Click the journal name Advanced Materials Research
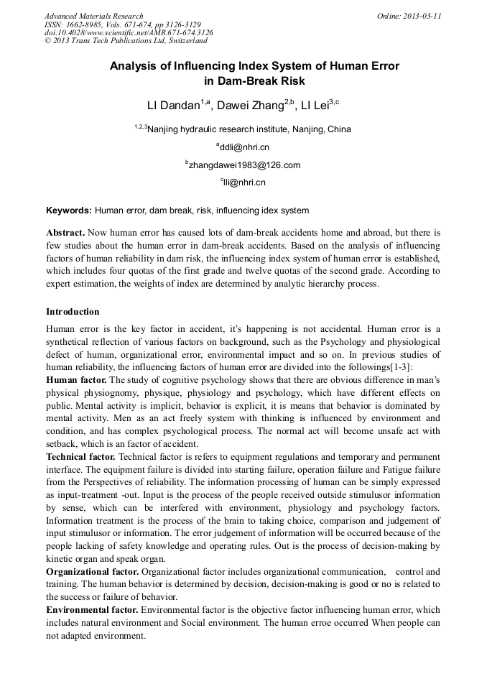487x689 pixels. point(93,16)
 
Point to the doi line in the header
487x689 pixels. point(129,32)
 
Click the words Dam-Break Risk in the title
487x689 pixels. point(254,81)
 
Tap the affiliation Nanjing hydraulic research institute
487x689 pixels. point(243,130)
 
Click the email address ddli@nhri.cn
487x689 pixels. point(243,147)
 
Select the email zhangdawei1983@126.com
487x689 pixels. point(243,165)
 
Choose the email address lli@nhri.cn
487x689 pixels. point(243,182)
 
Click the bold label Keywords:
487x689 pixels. point(69,211)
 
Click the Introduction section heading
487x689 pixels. point(73,312)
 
